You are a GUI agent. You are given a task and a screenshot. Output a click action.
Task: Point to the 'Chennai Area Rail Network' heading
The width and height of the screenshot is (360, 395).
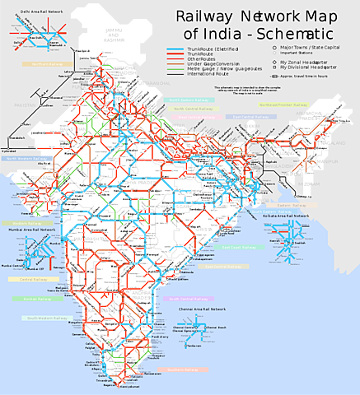(202, 309)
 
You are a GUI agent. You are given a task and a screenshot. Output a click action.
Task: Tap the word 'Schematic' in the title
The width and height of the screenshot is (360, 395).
(294, 35)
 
